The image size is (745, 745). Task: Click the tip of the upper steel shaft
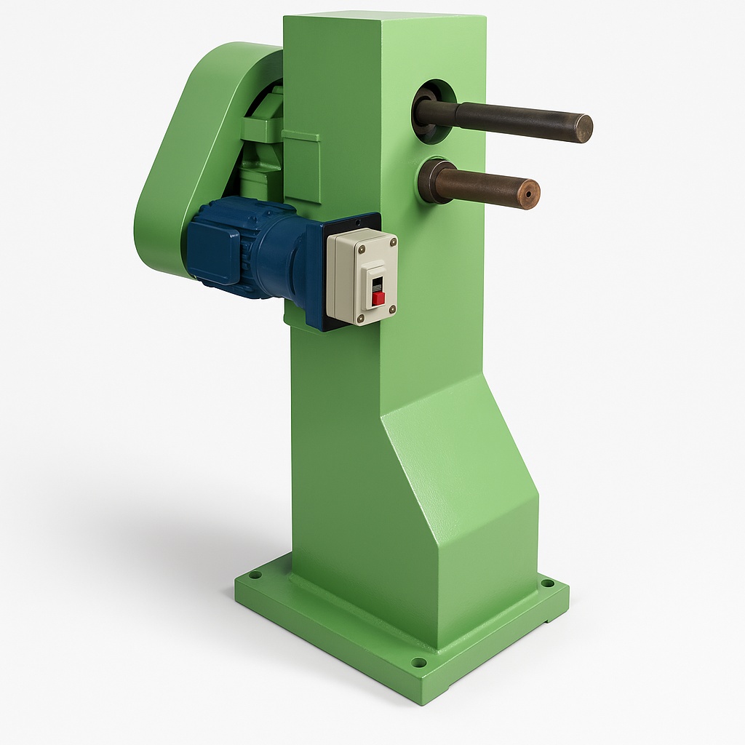coord(583,128)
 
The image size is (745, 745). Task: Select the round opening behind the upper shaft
coord(435,109)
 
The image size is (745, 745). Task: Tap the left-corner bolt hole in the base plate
coord(254,575)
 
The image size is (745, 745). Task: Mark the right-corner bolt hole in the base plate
coord(546,583)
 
